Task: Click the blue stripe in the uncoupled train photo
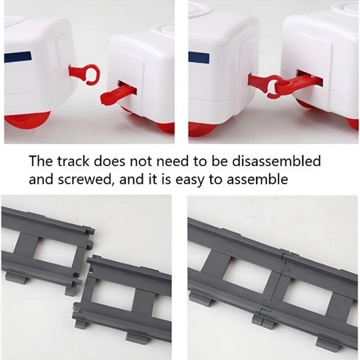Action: click(18, 56)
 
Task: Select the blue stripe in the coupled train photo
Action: click(199, 58)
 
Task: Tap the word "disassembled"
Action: click(276, 161)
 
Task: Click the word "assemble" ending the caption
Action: click(257, 179)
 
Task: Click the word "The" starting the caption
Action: click(41, 161)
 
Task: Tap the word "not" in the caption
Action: click(141, 162)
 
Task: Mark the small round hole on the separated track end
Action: click(92, 269)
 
